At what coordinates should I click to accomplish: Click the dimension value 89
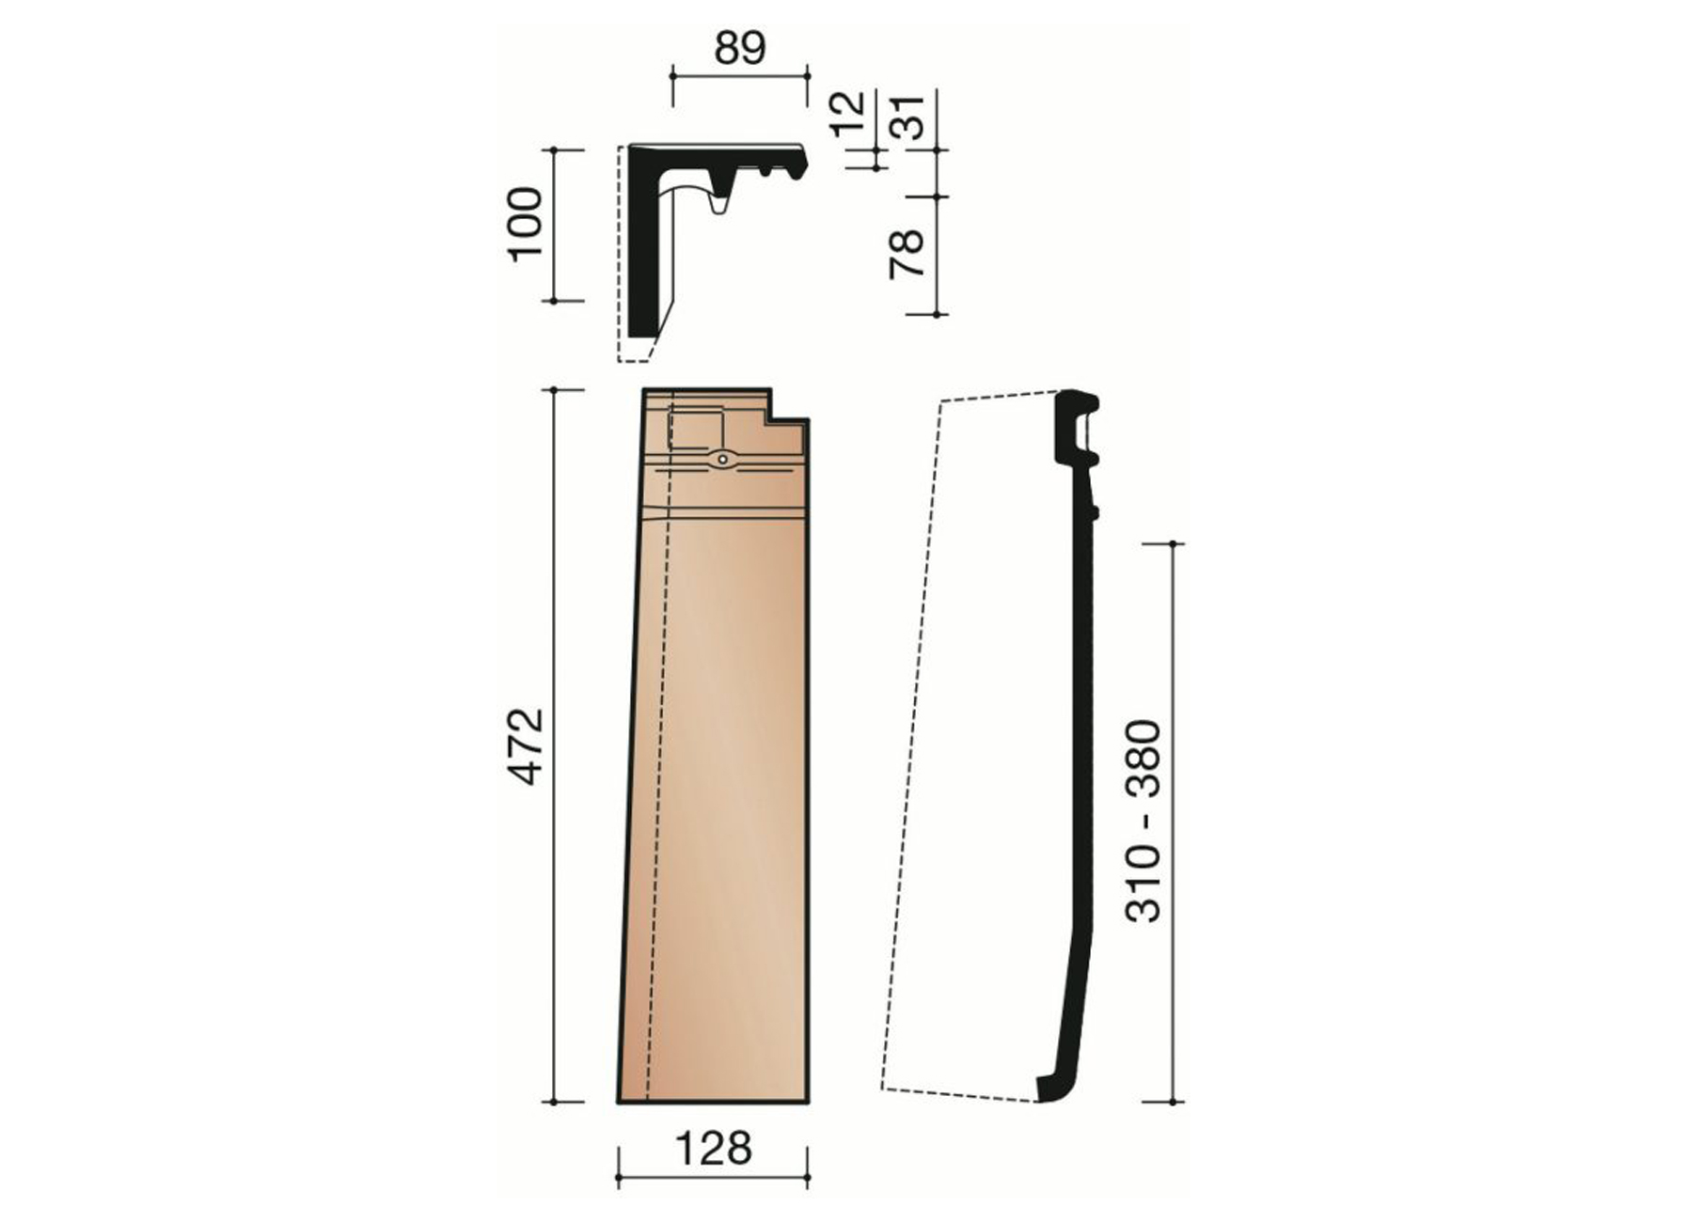pos(740,48)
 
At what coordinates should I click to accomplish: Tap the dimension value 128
pos(713,1148)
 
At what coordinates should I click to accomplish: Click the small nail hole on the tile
pos(721,460)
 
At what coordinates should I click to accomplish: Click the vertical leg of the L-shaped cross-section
pos(642,254)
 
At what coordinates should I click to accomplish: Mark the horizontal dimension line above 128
pos(713,1177)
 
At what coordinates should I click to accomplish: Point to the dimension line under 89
pos(740,73)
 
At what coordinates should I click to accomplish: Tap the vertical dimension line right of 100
pos(556,225)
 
